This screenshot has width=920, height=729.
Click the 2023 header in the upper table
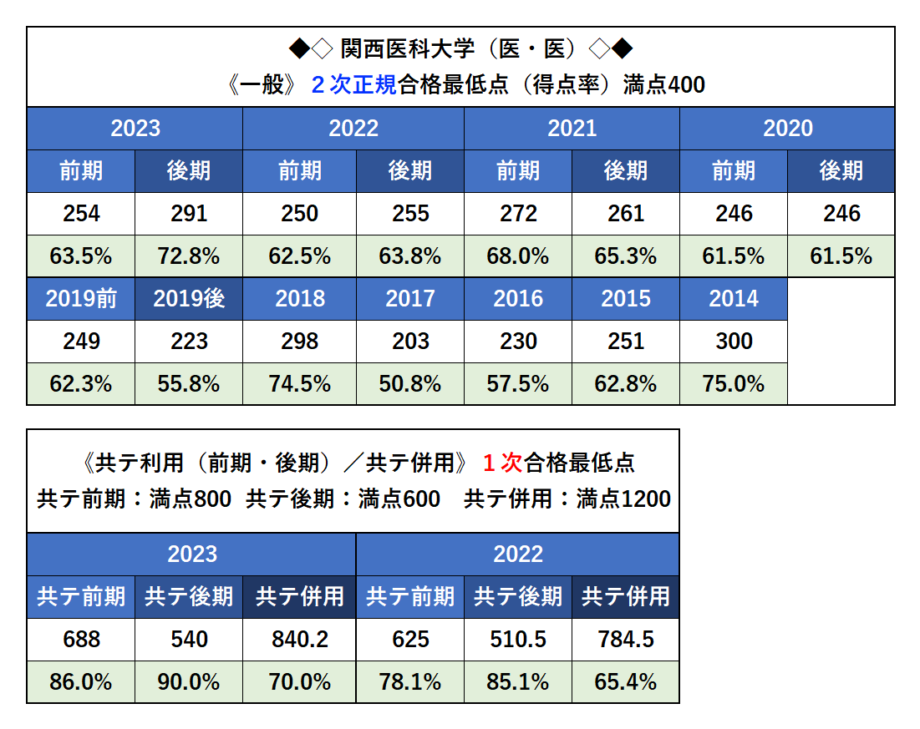135,129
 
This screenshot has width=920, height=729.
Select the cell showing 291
189,214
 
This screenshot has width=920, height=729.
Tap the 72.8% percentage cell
189,256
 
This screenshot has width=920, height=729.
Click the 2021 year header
572,129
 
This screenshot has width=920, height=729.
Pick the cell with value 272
518,214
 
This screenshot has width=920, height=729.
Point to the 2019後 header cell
189,299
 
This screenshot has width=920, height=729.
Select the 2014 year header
734,299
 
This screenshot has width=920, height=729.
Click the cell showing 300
734,342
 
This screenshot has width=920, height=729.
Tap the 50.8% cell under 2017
410,384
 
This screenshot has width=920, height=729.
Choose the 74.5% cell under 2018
300,384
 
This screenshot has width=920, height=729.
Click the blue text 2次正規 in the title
354,85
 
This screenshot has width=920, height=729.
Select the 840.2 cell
300,640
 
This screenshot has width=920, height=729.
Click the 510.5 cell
518,640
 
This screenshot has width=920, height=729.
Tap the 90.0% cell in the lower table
189,682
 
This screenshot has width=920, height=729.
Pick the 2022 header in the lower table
518,554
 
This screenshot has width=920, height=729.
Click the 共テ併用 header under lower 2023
300,597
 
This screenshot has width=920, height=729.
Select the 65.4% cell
626,682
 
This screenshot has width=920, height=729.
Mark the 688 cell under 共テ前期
81,640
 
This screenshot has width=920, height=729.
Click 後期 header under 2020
841,171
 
